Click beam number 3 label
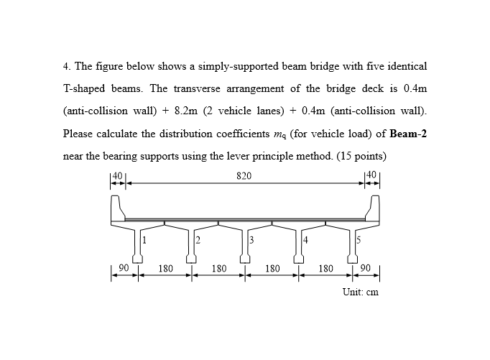pos(251,239)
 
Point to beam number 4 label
pos(305,239)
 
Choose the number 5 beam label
pos(359,239)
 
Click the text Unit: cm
pos(360,292)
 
